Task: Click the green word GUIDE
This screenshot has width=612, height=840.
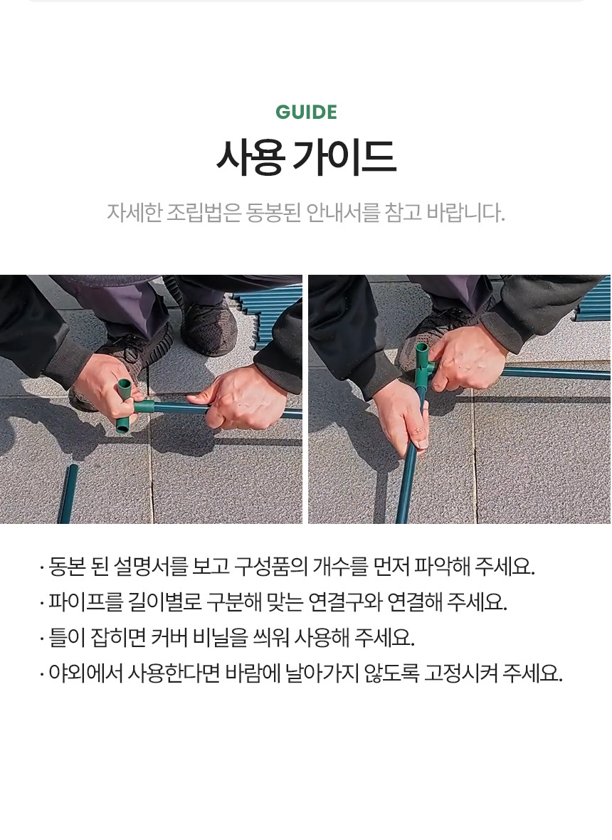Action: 306,112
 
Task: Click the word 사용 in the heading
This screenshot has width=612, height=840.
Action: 250,157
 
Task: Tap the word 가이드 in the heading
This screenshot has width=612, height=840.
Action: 345,157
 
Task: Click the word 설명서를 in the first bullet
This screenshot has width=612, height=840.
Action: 151,566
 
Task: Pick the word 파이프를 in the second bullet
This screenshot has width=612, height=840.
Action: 85,602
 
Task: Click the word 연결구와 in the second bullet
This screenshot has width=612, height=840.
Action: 345,602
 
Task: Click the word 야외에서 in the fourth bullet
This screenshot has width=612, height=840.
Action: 85,673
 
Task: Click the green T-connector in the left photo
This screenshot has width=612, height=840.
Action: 129,406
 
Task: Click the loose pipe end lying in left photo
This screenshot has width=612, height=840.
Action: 68,493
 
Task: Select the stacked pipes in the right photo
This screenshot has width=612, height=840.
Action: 593,300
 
